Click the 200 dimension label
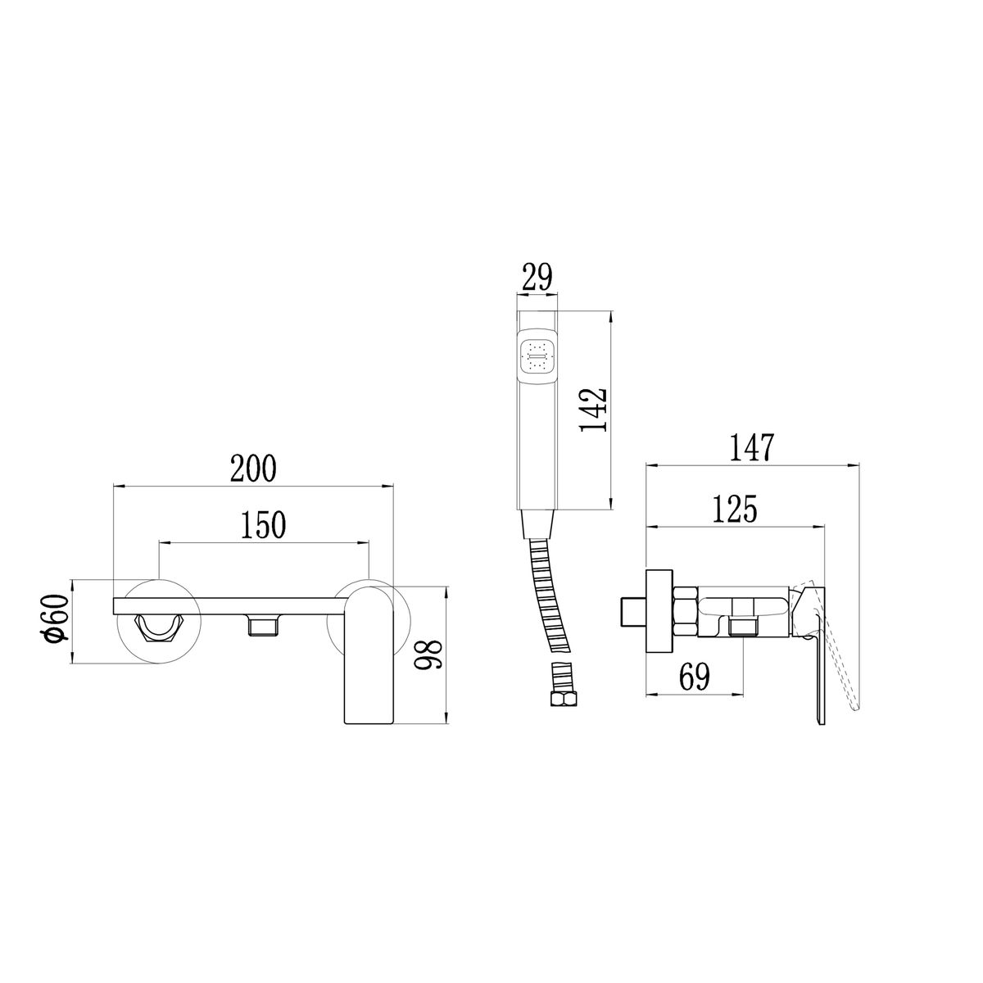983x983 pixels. click(x=253, y=469)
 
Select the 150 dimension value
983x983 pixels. click(x=263, y=525)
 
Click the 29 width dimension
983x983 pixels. click(x=537, y=277)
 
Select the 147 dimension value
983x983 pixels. click(x=752, y=448)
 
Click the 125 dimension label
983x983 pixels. click(x=735, y=509)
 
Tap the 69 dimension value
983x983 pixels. click(x=695, y=677)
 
